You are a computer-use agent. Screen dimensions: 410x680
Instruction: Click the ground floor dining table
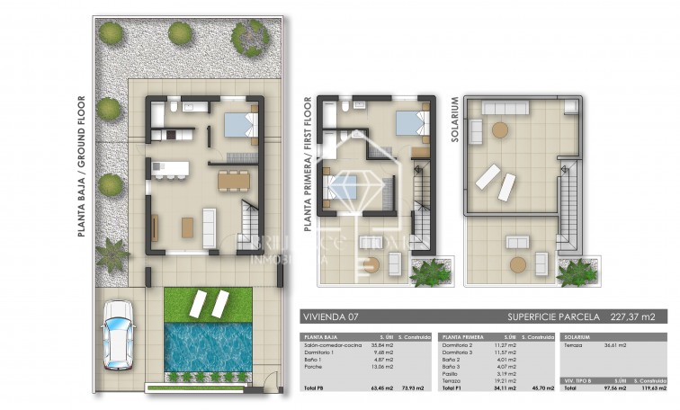[235, 180]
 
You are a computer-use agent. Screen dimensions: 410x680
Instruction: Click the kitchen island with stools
[171, 169]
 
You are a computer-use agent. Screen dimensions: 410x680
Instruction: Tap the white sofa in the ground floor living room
[209, 227]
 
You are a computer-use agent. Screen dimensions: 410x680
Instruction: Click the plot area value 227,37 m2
[641, 316]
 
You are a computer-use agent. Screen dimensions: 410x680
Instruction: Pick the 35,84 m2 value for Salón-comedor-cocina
[380, 344]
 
